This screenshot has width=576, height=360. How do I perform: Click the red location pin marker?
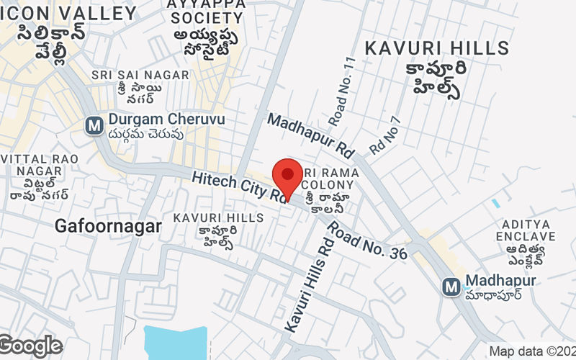pos(288,176)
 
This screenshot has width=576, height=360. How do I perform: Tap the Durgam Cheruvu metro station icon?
pos(94,125)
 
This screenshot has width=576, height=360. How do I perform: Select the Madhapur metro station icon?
pos(451,287)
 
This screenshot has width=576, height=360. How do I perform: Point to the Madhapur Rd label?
pos(311,135)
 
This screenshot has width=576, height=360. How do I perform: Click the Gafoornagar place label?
pos(108,227)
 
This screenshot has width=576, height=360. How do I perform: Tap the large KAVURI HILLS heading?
pos(436,48)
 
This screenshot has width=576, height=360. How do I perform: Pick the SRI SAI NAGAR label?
pos(130,75)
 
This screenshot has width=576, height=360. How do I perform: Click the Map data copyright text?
pos(532,351)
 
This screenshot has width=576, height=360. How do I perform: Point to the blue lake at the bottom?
pos(175,342)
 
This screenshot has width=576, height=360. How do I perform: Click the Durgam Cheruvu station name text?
pos(166,119)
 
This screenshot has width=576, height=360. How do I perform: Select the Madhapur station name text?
pos(500,281)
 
